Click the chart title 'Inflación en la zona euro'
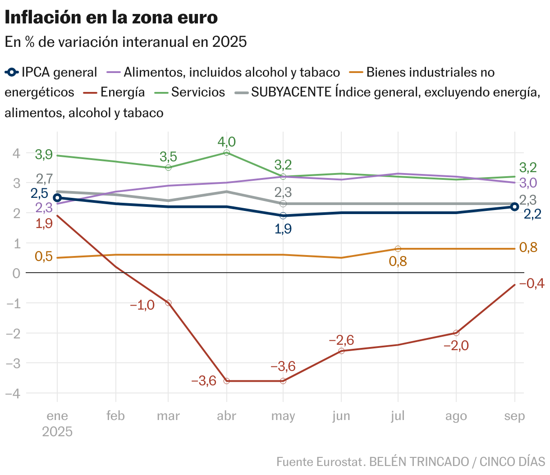point(111,18)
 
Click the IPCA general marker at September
point(514,207)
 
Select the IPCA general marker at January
point(57,198)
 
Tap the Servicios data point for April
point(226,153)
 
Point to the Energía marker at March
point(168,303)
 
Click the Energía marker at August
point(456,333)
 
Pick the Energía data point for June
point(341,351)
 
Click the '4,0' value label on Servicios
point(226,142)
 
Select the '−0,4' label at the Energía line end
point(532,283)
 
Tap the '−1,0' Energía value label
point(142,305)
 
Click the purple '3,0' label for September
point(528,183)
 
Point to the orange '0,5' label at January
point(44,256)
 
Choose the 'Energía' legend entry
point(122,92)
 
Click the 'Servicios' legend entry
point(197,92)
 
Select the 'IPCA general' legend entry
point(59,73)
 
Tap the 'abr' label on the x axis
point(226,416)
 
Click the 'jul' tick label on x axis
point(398,416)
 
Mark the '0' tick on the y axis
point(17,273)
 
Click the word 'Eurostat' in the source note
point(340,462)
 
